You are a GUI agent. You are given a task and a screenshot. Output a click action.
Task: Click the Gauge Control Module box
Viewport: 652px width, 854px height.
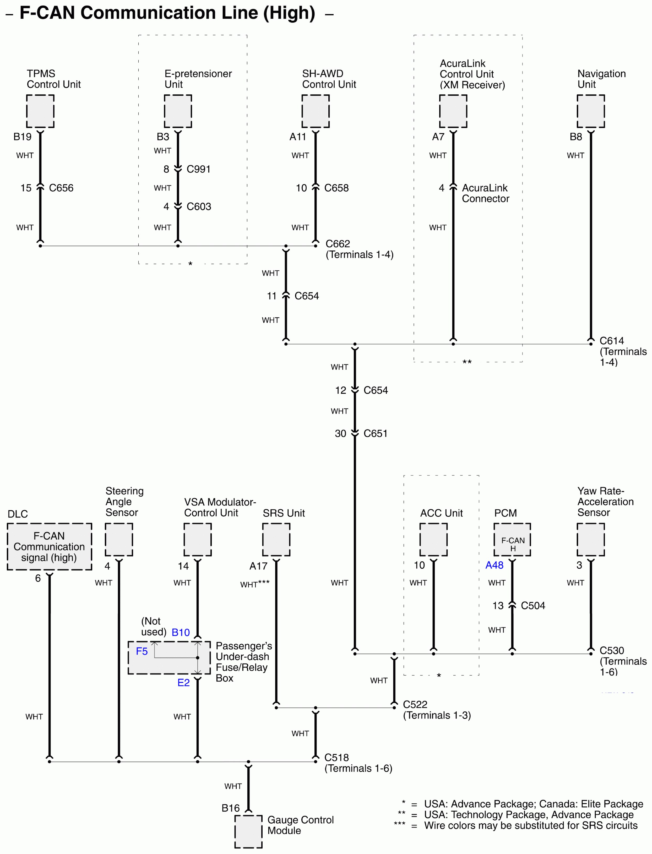[248, 831]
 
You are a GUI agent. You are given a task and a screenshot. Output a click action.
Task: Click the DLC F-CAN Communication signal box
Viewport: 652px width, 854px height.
[49, 546]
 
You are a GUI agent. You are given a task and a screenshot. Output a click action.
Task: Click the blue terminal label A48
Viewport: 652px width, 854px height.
[494, 565]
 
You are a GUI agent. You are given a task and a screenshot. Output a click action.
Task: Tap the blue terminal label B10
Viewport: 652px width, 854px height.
[181, 633]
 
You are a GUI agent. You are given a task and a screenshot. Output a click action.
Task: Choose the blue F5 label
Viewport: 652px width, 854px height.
[142, 651]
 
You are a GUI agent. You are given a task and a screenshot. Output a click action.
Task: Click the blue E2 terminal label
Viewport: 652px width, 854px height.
[183, 683]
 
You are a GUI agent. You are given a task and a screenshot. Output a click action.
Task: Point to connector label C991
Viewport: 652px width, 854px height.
[198, 169]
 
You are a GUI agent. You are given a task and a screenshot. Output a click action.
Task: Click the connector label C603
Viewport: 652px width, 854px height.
[199, 206]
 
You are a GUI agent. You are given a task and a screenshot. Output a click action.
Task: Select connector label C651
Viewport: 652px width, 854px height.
[375, 433]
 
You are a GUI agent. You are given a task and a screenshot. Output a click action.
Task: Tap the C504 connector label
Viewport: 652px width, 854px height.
[533, 606]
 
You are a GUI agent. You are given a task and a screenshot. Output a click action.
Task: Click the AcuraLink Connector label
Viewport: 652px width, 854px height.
[485, 193]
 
